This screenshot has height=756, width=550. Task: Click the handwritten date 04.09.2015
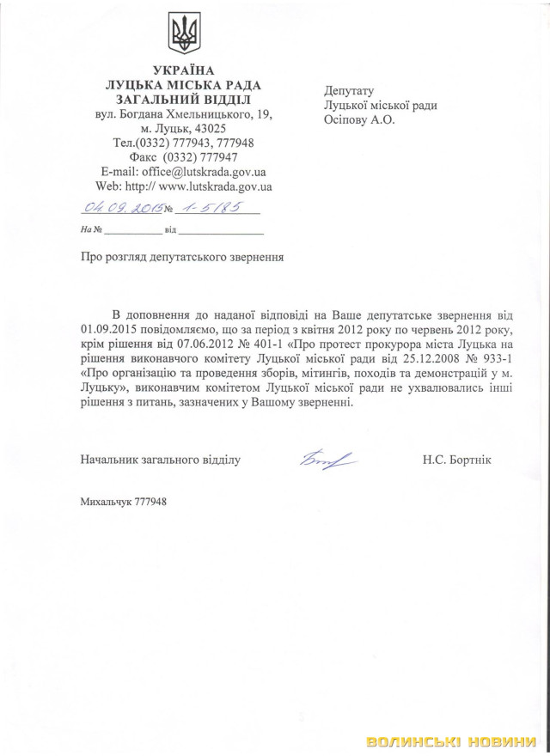(x=120, y=208)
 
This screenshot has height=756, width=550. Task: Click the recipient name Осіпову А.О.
(x=359, y=120)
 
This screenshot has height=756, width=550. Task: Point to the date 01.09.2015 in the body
(x=107, y=328)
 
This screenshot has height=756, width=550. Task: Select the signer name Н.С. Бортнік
(x=456, y=460)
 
